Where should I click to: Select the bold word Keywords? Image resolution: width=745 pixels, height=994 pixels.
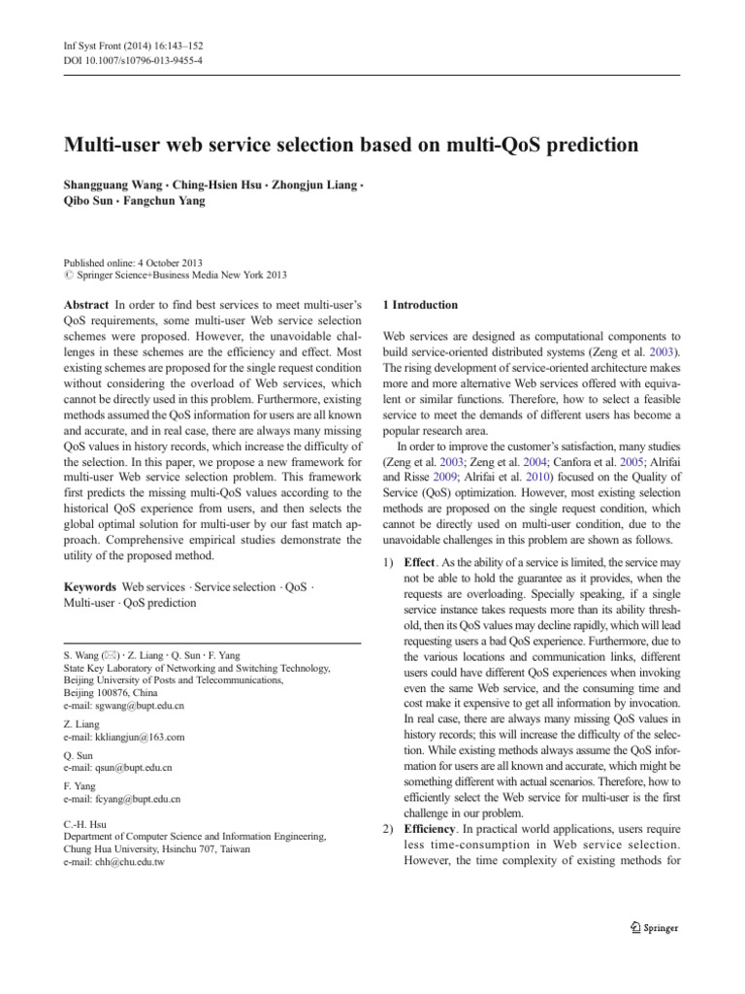(x=89, y=588)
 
